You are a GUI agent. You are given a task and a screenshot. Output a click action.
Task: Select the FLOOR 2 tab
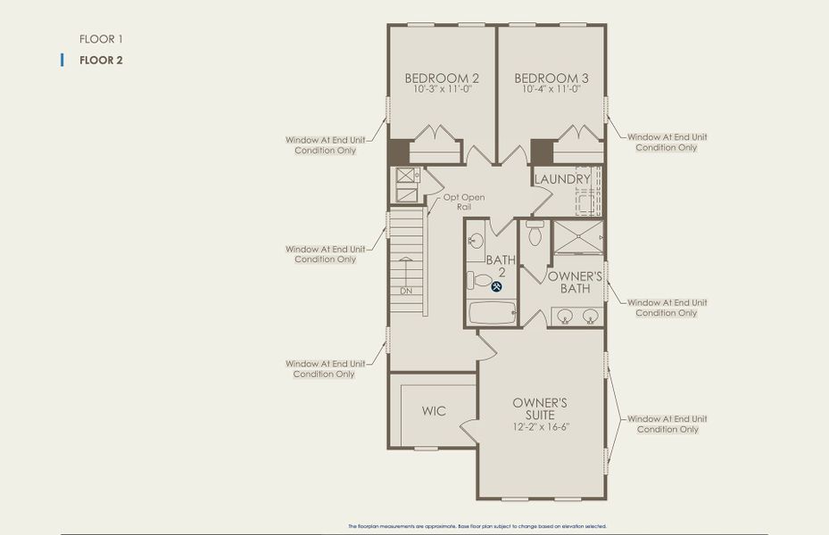pyautogui.click(x=100, y=61)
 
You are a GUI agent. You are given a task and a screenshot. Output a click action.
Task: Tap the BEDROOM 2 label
pyautogui.click(x=442, y=78)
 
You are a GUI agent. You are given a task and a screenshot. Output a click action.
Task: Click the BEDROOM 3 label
pyautogui.click(x=551, y=78)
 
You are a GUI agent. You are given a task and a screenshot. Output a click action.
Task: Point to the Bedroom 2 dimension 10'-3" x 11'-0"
pyautogui.click(x=442, y=89)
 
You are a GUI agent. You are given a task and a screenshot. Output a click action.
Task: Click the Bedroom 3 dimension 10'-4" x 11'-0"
pyautogui.click(x=551, y=89)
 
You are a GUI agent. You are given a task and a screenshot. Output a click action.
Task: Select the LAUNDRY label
pyautogui.click(x=562, y=179)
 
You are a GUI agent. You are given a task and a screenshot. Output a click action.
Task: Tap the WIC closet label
pyautogui.click(x=434, y=411)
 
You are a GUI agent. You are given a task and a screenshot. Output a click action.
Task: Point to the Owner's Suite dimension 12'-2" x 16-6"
pyautogui.click(x=540, y=426)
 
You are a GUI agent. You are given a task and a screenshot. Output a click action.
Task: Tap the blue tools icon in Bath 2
pyautogui.click(x=497, y=286)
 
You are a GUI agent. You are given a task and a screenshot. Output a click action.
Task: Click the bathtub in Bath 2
pyautogui.click(x=492, y=312)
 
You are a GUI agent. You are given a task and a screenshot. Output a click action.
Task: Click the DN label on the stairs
pyautogui.click(x=406, y=292)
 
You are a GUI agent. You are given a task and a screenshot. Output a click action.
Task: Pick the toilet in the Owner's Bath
pyautogui.click(x=535, y=235)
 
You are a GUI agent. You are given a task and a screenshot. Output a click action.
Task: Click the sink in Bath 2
pyautogui.click(x=476, y=241)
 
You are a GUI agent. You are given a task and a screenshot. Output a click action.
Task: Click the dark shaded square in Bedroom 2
pyautogui.click(x=398, y=151)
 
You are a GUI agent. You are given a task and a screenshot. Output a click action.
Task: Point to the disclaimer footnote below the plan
pyautogui.click(x=477, y=526)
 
